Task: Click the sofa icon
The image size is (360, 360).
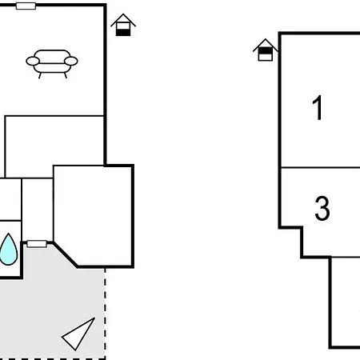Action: pyautogui.click(x=52, y=63)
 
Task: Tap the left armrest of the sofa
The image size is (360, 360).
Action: pyautogui.click(x=33, y=61)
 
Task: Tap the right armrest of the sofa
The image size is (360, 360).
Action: pyautogui.click(x=71, y=61)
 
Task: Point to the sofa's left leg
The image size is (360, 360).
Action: pyautogui.click(x=40, y=75)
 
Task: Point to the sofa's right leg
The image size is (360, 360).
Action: pyautogui.click(x=65, y=75)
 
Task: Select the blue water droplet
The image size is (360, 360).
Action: pyautogui.click(x=9, y=250)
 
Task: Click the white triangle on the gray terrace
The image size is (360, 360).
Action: pyautogui.click(x=78, y=334)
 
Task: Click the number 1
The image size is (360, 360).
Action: pyautogui.click(x=318, y=108)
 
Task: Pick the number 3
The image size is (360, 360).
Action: pyautogui.click(x=322, y=208)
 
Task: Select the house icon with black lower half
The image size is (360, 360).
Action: pyautogui.click(x=123, y=25)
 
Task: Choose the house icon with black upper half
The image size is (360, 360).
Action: pyautogui.click(x=266, y=50)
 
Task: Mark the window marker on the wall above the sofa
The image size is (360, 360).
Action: pyautogui.click(x=26, y=6)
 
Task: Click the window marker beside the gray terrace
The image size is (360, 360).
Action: pyautogui.click(x=37, y=244)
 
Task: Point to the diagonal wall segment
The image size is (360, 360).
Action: pyautogui.click(x=66, y=254)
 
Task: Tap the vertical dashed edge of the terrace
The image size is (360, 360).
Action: pyautogui.click(x=105, y=314)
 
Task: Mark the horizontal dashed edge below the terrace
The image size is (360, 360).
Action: pyautogui.click(x=53, y=358)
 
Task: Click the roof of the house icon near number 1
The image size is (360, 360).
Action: pyautogui.click(x=266, y=45)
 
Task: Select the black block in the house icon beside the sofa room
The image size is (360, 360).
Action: pyautogui.click(x=123, y=33)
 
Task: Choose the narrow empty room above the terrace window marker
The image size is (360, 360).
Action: pyautogui.click(x=38, y=210)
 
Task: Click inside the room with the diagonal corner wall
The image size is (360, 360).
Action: pyautogui.click(x=94, y=214)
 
